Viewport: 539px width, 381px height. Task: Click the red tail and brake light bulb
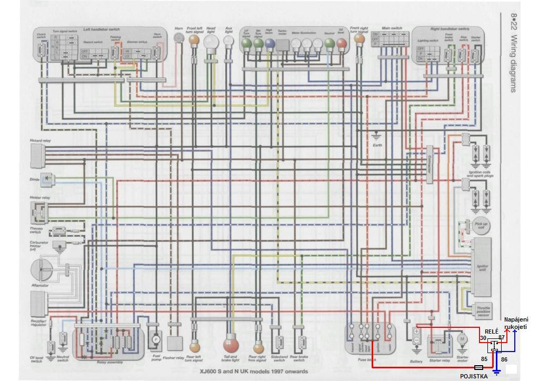(x=231, y=345)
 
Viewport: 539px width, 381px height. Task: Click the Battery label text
(x=416, y=362)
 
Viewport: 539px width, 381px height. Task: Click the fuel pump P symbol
(x=155, y=340)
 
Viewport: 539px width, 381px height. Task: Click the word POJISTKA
(x=474, y=376)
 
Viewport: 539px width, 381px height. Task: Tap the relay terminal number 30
(x=483, y=338)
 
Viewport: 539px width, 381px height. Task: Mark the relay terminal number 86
(x=504, y=359)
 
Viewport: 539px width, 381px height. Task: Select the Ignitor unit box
(x=482, y=266)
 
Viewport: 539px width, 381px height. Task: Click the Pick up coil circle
(x=480, y=224)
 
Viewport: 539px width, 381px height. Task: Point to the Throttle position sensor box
(x=483, y=310)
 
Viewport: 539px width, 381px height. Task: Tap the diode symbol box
(x=48, y=178)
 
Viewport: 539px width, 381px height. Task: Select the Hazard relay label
(x=40, y=141)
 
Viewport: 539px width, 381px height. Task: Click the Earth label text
(x=377, y=145)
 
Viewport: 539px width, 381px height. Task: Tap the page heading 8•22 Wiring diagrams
(x=513, y=53)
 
